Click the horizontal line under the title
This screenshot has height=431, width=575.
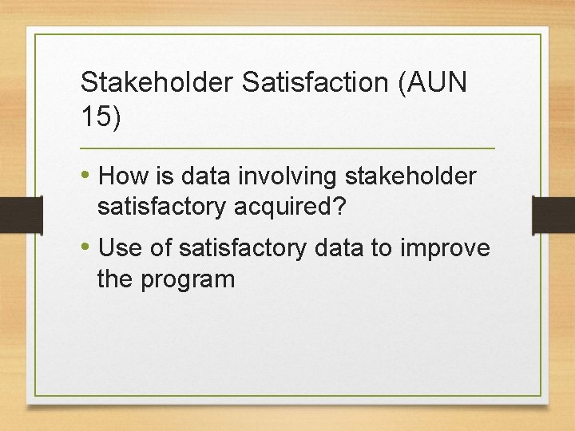[287, 149]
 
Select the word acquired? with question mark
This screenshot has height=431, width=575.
[290, 208]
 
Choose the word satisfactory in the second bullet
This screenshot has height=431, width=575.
[243, 249]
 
